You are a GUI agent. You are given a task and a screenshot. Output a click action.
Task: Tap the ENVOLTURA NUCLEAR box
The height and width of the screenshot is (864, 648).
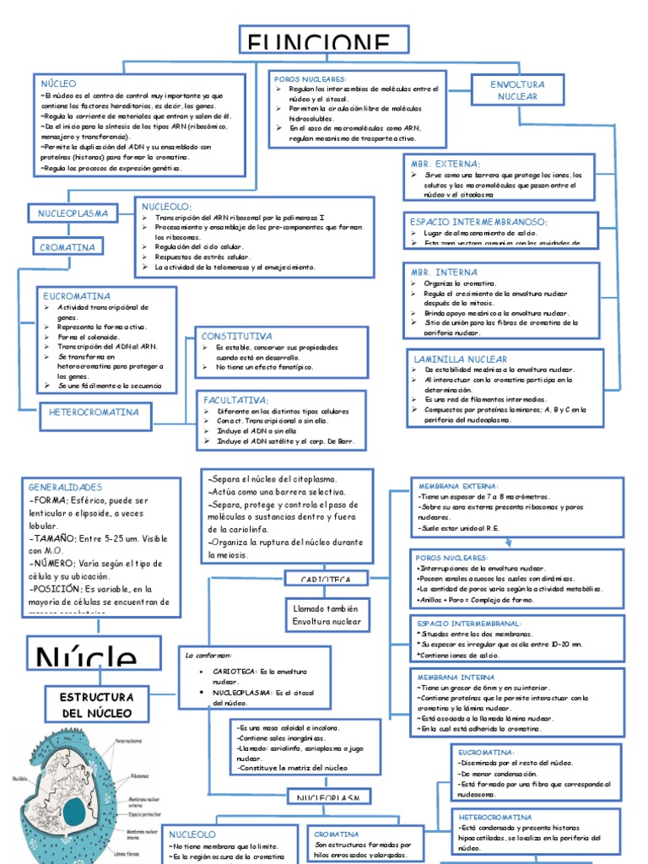pos(518,91)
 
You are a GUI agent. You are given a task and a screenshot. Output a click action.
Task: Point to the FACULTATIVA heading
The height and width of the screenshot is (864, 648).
pos(235,399)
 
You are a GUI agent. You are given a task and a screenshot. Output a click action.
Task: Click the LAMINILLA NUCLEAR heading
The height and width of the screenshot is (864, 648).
pos(460,359)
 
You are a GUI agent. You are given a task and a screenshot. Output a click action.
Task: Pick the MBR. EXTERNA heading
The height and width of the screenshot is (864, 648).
pos(445,164)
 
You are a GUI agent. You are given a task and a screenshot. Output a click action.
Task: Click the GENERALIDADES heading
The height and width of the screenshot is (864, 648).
pos(65,488)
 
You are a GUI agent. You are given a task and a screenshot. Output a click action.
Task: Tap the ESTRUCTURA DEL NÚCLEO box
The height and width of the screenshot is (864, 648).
pos(96,705)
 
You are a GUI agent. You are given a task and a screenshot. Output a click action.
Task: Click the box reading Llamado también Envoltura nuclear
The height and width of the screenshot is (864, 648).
pos(326,615)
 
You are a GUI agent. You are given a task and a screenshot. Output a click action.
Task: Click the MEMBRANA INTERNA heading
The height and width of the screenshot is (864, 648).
pos(456,677)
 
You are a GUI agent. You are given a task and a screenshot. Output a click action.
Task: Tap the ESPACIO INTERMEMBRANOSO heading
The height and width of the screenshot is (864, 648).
pos(478,222)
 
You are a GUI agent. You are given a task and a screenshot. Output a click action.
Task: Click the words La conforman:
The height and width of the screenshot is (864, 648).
pos(208,654)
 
